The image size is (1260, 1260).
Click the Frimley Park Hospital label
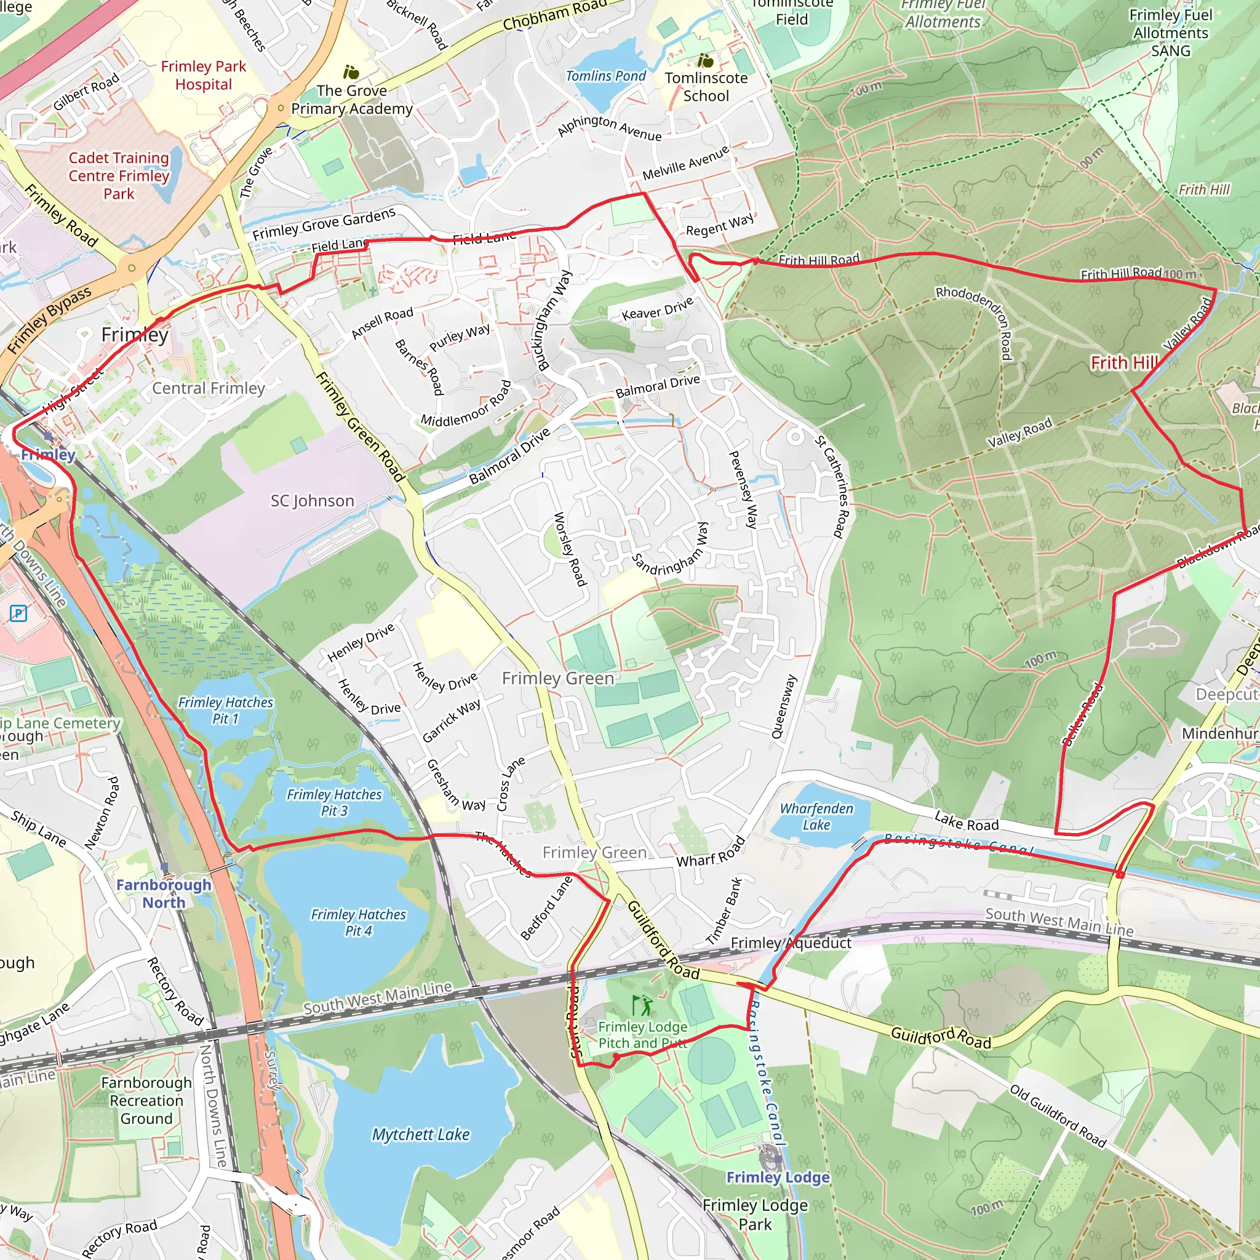[x=204, y=76]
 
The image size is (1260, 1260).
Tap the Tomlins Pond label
[x=605, y=76]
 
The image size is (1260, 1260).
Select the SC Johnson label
[x=313, y=501]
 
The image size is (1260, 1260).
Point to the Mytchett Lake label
[x=421, y=1134]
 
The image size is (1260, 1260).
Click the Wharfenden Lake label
[x=816, y=816]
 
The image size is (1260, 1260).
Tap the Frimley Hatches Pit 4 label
[x=358, y=923]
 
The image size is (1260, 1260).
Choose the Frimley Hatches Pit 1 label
[x=226, y=710]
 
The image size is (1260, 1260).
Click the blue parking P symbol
[x=18, y=613]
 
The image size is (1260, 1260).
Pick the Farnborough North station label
[x=164, y=893]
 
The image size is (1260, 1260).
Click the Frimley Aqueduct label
[x=791, y=943]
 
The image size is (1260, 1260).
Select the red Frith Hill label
[x=1125, y=362]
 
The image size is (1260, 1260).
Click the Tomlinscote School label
[x=706, y=87]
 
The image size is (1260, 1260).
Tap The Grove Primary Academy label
[x=352, y=100]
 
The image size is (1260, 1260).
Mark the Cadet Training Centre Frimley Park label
[x=119, y=176]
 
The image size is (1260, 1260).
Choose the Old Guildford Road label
[x=1058, y=1115]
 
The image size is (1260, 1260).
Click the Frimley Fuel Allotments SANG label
[x=1170, y=33]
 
